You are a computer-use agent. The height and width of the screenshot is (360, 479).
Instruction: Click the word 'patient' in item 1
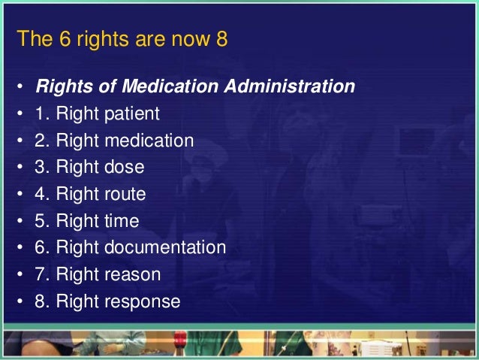click(x=132, y=114)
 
